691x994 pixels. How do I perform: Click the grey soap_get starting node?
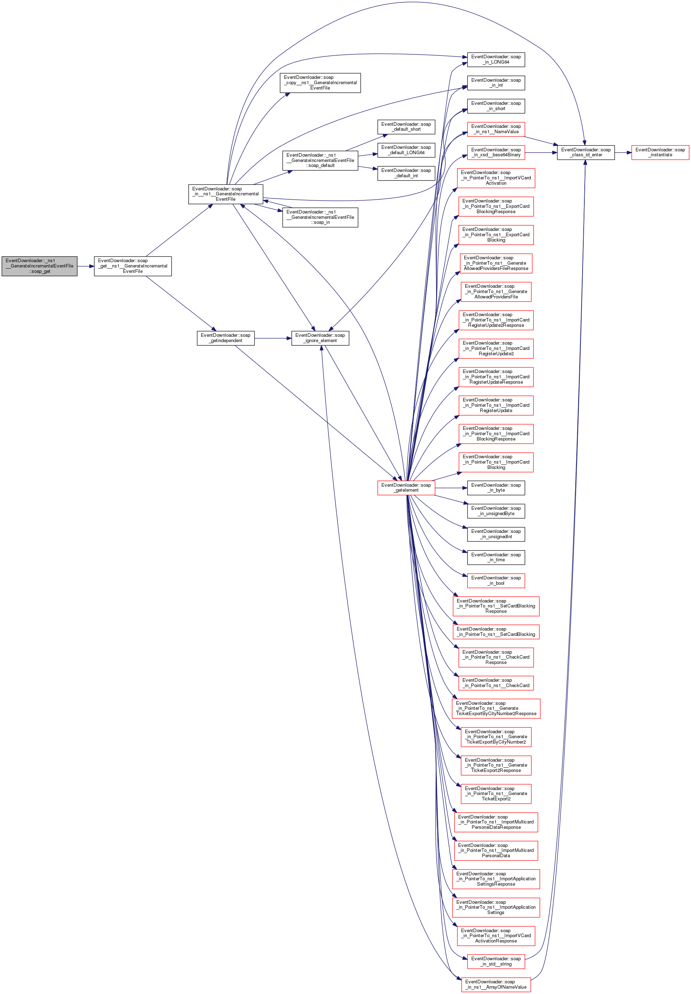39,266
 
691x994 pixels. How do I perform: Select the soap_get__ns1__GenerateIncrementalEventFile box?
133,266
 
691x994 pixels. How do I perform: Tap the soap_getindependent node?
226,338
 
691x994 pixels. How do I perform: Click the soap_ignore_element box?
320,338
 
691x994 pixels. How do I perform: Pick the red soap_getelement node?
406,488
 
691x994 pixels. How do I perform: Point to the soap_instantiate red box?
660,152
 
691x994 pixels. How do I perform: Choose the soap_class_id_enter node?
585,152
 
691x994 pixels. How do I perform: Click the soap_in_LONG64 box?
496,59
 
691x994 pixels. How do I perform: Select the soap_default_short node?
406,127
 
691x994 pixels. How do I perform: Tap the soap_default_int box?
406,173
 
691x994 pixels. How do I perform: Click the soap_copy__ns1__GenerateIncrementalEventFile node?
320,83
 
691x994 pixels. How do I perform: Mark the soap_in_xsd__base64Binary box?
496,152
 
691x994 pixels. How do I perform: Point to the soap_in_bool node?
496,580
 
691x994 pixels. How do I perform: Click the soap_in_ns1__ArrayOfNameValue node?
496,984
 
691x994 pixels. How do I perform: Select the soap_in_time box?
496,557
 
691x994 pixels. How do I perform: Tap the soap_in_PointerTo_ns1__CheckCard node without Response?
496,683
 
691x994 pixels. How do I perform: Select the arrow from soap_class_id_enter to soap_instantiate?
623,152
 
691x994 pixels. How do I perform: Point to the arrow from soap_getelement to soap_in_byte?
451,488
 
